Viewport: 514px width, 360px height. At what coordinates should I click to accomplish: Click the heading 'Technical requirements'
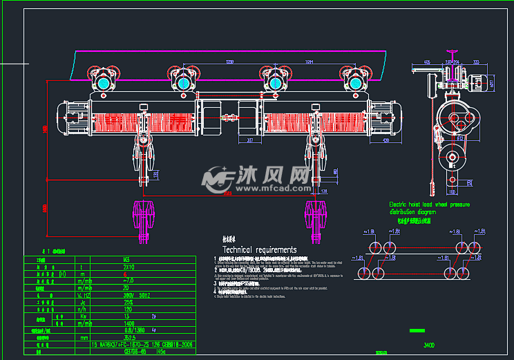tap(259, 249)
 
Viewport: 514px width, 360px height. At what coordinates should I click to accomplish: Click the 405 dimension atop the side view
tap(426, 62)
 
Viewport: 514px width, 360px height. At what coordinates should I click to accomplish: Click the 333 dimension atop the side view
tap(475, 62)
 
